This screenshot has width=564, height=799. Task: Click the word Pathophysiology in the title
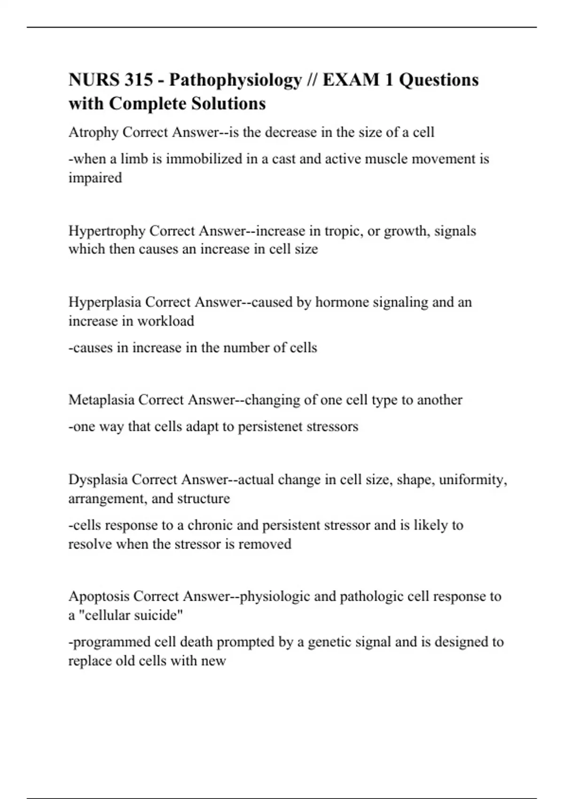[235, 80]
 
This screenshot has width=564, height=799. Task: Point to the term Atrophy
[94, 133]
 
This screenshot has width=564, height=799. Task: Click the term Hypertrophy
[107, 231]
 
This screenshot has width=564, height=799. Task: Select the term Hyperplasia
[105, 302]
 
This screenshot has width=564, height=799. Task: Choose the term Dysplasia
[98, 480]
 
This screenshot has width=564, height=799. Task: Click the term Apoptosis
[99, 596]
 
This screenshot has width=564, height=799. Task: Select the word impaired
[95, 178]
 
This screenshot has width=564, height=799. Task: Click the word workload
[167, 321]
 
